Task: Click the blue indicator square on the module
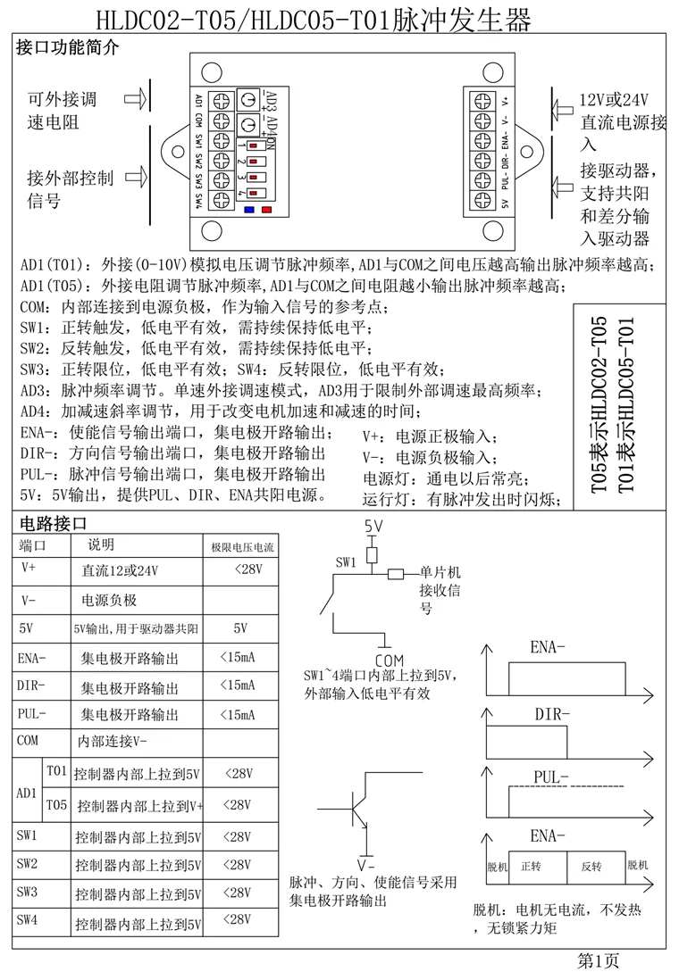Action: point(249,212)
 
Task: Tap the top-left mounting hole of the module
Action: point(212,72)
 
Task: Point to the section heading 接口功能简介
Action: point(67,48)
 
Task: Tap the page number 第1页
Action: point(599,960)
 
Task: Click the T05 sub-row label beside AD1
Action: point(56,804)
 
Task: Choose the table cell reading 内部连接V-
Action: point(113,741)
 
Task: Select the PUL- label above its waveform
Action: point(551,776)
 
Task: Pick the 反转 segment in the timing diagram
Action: point(591,867)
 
